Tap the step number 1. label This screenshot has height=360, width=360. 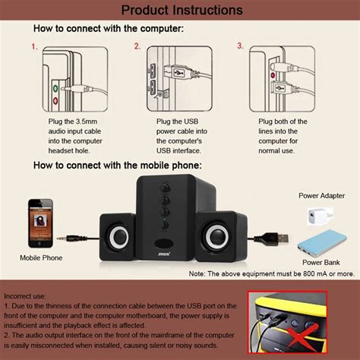coord(34,46)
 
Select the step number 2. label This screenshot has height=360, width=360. coord(137,46)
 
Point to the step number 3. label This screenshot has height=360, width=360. coord(240,46)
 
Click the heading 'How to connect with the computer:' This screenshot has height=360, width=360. coord(108,29)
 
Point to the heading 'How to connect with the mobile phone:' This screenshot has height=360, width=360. coord(116,166)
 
